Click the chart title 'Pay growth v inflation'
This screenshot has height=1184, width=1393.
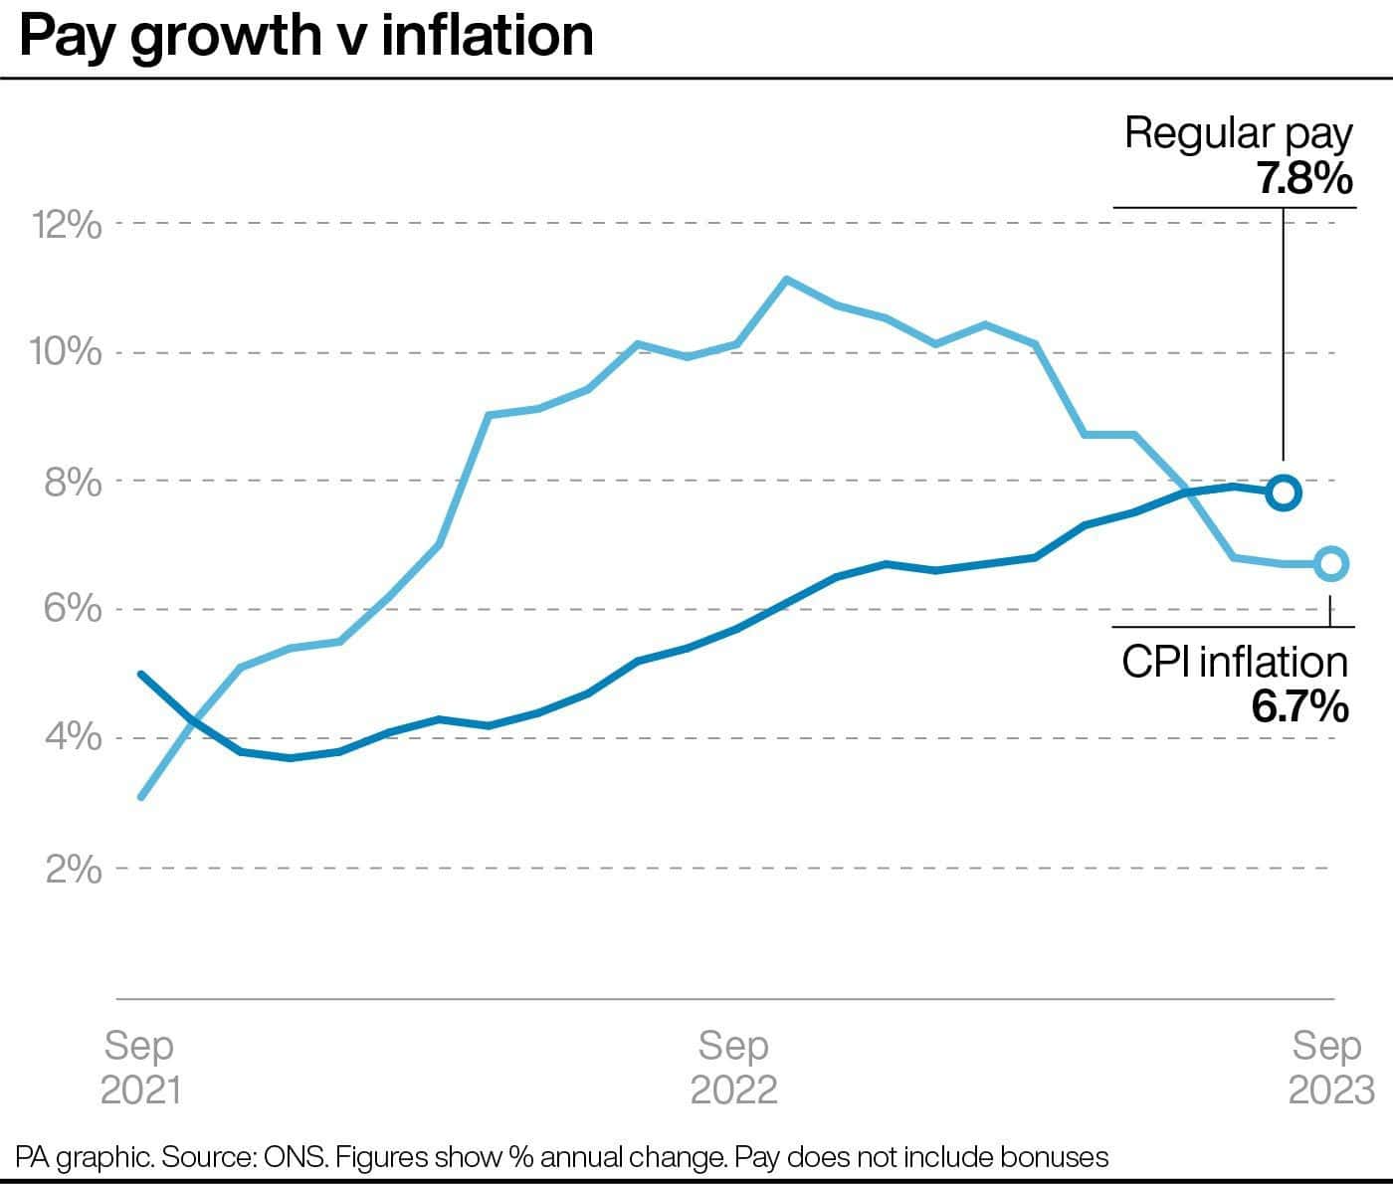(306, 37)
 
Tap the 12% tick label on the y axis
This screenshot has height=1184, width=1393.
(67, 225)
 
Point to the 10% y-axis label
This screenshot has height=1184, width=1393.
(66, 352)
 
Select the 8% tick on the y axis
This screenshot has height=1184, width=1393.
(73, 483)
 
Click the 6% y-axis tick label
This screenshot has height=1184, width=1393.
(73, 609)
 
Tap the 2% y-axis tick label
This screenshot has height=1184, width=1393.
(74, 870)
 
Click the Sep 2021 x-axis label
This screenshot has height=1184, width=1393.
(140, 1067)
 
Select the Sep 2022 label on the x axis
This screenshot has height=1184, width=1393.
(734, 1067)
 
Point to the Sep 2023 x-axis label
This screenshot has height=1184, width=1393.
(1330, 1067)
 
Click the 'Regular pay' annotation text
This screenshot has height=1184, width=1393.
(1239, 135)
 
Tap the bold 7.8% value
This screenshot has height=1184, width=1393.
(1304, 179)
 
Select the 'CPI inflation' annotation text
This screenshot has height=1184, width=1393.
(1235, 663)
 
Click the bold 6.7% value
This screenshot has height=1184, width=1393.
(1300, 707)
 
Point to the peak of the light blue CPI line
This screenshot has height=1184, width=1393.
(785, 279)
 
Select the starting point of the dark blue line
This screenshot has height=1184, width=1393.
(140, 674)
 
